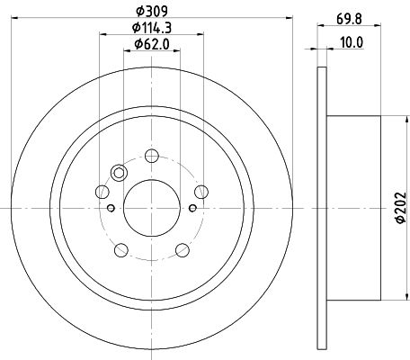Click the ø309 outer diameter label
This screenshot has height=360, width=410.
coord(152,12)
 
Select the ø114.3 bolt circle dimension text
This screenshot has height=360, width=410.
coord(152,28)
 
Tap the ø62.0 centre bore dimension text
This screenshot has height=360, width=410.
coord(152,44)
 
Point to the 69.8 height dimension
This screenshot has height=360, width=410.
coord(349,19)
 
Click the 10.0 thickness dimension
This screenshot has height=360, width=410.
coord(352,42)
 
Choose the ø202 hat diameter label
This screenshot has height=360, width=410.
coord(401,208)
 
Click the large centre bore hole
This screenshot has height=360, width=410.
coord(152,208)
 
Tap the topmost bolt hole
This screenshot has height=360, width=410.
coord(152,156)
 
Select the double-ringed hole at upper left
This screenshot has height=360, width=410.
coord(119,173)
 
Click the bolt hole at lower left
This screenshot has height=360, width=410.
coord(121,250)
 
